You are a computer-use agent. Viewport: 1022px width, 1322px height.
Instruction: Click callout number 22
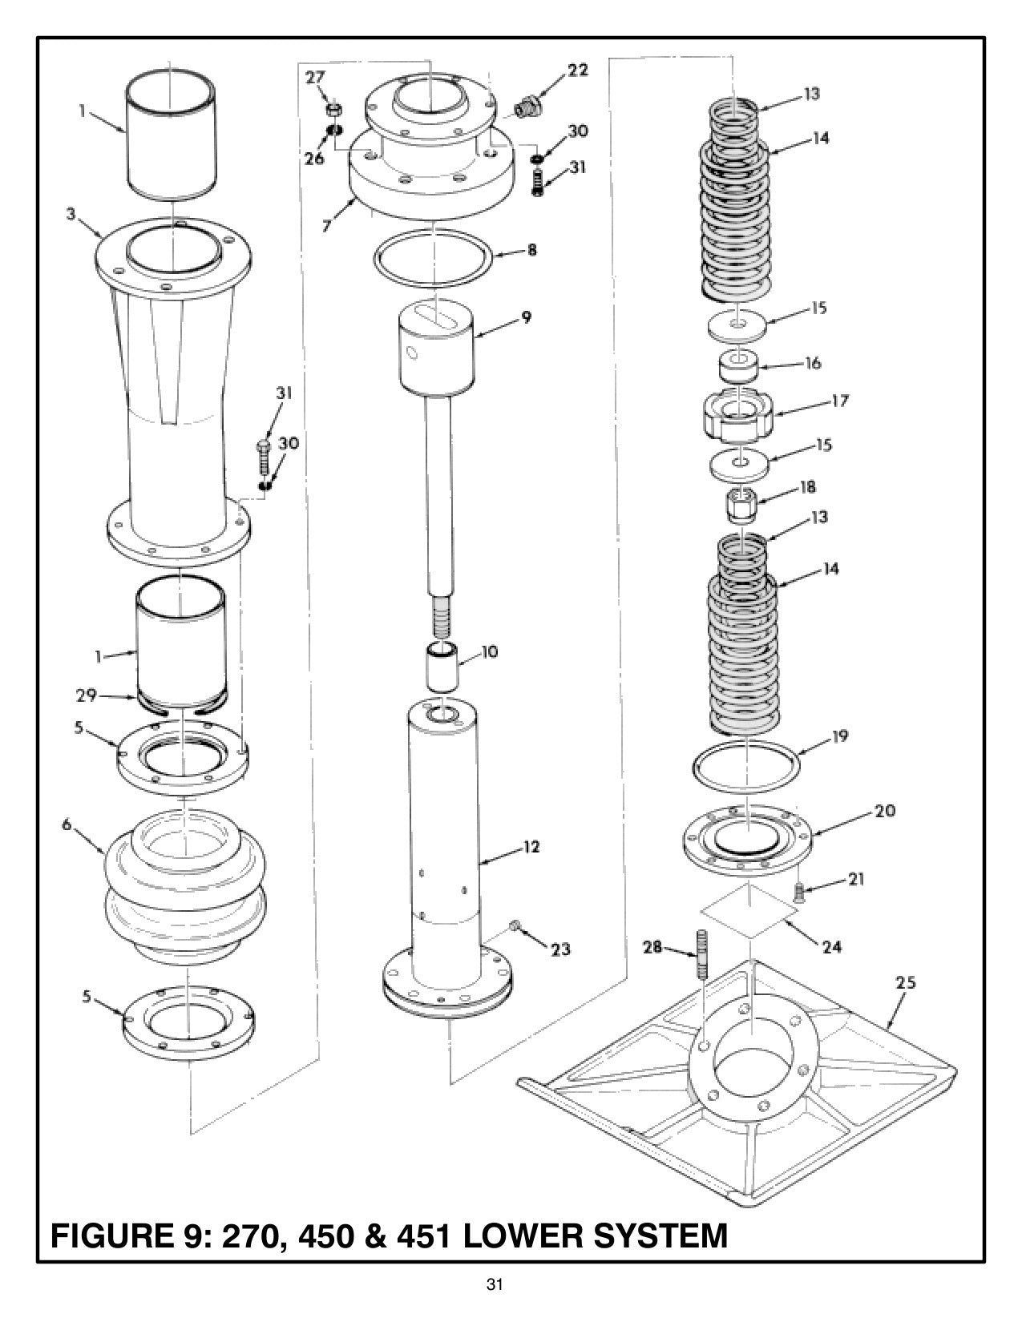tap(578, 70)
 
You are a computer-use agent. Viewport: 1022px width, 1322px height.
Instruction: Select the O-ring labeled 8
tap(432, 256)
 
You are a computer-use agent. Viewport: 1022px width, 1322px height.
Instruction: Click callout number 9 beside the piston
tap(526, 317)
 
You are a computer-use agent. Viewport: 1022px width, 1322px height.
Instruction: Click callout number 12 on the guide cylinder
tap(531, 847)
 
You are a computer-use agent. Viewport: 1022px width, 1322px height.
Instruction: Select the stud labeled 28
tap(703, 953)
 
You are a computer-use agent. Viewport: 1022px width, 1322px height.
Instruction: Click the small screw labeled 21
tap(799, 890)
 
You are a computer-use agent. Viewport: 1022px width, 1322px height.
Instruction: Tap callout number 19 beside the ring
tap(839, 736)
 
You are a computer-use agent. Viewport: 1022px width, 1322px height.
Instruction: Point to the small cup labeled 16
tap(737, 365)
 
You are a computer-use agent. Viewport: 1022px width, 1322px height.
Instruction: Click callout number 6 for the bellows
tap(67, 824)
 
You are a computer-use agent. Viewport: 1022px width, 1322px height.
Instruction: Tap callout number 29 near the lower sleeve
tap(87, 695)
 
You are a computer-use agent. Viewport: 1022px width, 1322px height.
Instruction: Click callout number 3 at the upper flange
tap(71, 215)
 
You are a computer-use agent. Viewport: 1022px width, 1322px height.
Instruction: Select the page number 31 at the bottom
tap(495, 1286)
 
